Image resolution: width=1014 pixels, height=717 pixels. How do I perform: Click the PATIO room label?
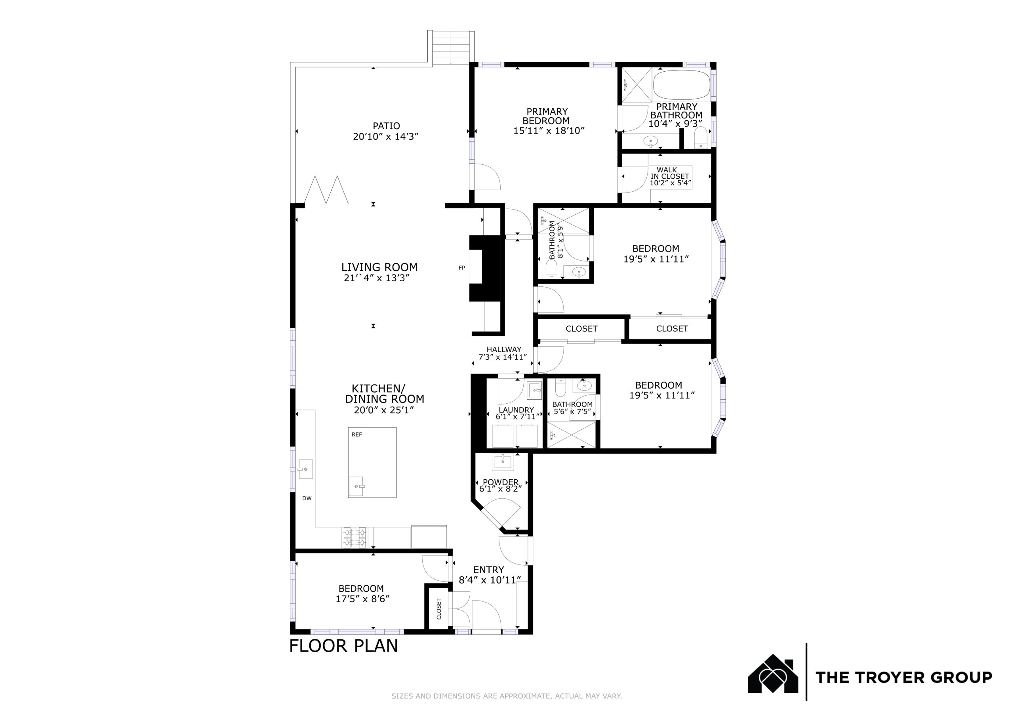[x=387, y=126]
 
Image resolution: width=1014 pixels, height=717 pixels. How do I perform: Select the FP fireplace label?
[x=462, y=268]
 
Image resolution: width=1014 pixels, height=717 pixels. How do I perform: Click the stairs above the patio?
[x=450, y=47]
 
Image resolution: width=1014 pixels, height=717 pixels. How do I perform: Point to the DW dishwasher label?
[x=307, y=498]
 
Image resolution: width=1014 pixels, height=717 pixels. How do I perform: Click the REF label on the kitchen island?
[x=357, y=435]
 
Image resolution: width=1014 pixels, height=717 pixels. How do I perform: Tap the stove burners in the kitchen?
[x=355, y=537]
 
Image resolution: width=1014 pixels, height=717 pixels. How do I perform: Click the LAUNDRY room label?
[x=516, y=410]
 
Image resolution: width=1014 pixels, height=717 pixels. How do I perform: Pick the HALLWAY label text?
[x=504, y=349]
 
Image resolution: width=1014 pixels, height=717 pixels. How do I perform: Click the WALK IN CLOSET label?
[x=670, y=173]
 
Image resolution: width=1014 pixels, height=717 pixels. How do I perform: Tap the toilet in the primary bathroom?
[x=701, y=137]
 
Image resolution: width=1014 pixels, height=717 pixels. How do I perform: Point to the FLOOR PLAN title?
[x=343, y=646]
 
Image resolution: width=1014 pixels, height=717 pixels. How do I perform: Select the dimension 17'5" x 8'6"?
[x=362, y=599]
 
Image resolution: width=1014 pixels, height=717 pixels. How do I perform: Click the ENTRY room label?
[x=488, y=570]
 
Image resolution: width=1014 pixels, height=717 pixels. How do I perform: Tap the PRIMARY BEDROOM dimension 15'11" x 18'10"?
[x=549, y=131]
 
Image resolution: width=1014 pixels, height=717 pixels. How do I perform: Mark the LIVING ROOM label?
[x=379, y=267]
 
